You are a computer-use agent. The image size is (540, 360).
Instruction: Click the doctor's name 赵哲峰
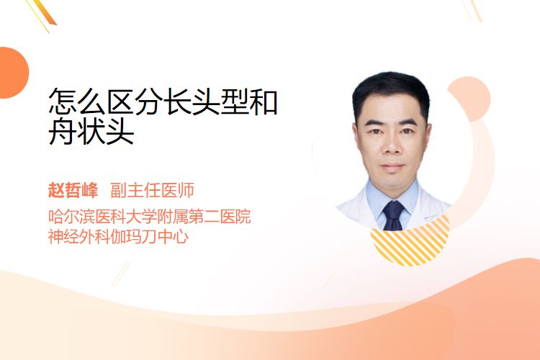tap(73, 190)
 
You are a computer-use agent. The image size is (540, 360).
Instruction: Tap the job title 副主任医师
tap(152, 190)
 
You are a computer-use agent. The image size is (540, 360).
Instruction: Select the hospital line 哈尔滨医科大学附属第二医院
tap(150, 216)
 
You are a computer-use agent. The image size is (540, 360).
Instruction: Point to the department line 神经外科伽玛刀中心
tap(118, 237)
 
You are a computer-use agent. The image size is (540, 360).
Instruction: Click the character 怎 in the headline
tap(63, 102)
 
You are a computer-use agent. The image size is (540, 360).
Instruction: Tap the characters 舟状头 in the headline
tap(91, 132)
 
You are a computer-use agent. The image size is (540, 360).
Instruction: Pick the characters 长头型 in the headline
tap(206, 102)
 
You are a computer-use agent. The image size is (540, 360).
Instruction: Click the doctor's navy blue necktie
tap(393, 215)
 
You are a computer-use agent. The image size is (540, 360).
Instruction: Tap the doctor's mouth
tap(392, 166)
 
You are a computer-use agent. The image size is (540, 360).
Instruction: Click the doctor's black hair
tap(392, 91)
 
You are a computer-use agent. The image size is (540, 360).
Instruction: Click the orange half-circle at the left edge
tap(13, 73)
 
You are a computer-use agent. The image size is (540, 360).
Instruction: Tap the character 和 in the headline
tap(264, 102)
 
